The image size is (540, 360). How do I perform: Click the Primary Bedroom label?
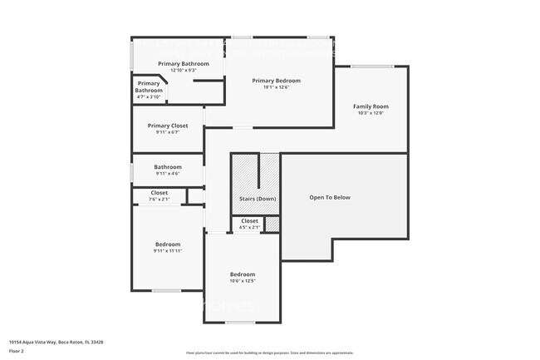tap(276, 81)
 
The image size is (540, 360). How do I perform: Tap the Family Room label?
tap(371, 106)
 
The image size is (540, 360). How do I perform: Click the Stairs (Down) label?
tap(258, 199)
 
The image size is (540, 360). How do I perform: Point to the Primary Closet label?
tap(168, 126)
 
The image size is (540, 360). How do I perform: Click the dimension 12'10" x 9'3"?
tap(184, 71)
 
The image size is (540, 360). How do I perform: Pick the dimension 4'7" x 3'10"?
tap(150, 97)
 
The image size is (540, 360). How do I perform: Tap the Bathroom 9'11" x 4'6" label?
tap(168, 167)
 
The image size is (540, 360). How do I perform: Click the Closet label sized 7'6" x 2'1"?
tap(159, 193)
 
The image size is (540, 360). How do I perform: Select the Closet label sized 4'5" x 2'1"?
tap(249, 221)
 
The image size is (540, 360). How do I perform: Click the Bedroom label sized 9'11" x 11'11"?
tap(167, 244)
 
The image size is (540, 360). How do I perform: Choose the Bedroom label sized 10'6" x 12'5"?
tap(243, 274)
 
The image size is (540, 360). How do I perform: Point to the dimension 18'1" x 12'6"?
tap(276, 87)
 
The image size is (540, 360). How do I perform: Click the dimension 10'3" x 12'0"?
tap(371, 113)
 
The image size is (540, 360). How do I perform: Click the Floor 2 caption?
tap(17, 351)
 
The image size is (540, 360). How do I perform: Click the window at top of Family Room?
tap(372, 67)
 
